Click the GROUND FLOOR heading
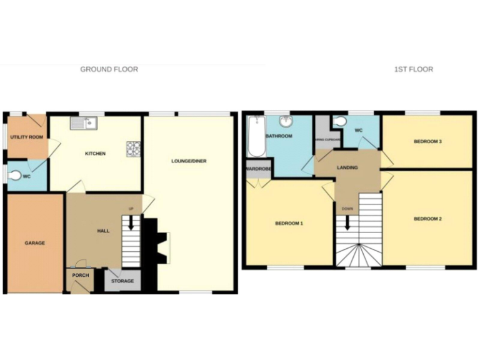coord(109,69)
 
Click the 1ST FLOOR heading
coord(413,69)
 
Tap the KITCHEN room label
coord(96,154)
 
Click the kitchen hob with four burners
coord(134,149)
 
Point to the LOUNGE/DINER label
coord(189,161)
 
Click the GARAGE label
coord(34,243)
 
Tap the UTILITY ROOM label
coord(26,137)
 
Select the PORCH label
coord(80,276)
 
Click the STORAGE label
coord(122,281)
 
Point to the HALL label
coord(103,231)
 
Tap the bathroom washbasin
coord(286,120)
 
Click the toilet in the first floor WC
coord(339,121)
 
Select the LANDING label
coord(347,167)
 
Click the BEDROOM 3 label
coord(427,142)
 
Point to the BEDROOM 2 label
coord(427,219)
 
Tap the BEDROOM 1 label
coord(289,223)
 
